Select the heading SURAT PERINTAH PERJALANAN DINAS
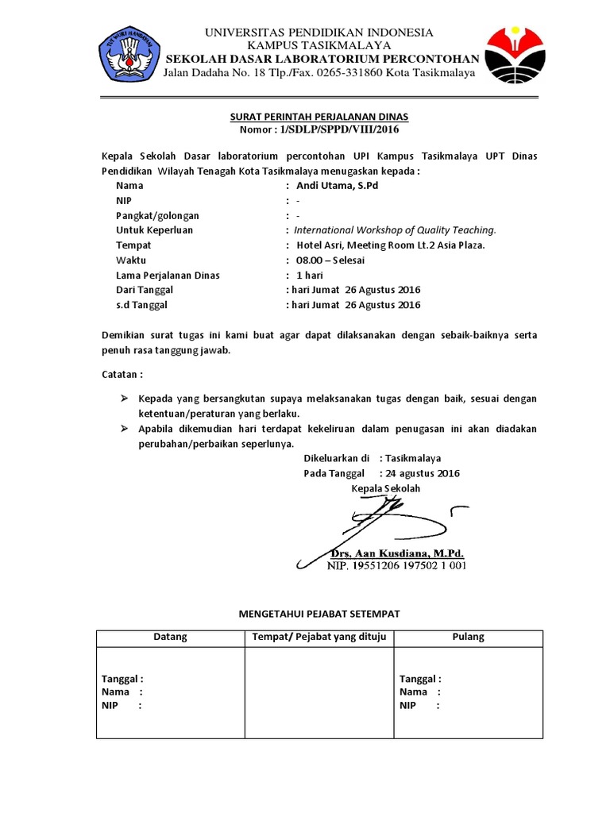[x=319, y=117]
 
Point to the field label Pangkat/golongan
[x=157, y=215]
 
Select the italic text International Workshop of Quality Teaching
[x=396, y=230]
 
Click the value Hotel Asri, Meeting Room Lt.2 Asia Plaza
[x=390, y=245]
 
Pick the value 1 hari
[x=310, y=275]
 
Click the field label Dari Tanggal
[x=145, y=290]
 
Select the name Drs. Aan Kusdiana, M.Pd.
[x=396, y=553]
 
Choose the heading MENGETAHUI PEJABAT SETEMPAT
[x=319, y=614]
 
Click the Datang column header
[x=170, y=637]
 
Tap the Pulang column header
[x=468, y=637]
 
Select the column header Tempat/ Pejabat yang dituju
[x=319, y=637]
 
